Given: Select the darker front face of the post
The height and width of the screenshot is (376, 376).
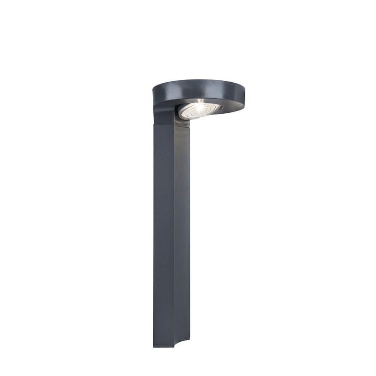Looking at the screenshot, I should pyautogui.click(x=164, y=235).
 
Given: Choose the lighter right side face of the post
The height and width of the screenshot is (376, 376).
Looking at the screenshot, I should pyautogui.click(x=182, y=235).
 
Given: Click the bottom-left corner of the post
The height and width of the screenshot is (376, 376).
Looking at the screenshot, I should pyautogui.click(x=154, y=346).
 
